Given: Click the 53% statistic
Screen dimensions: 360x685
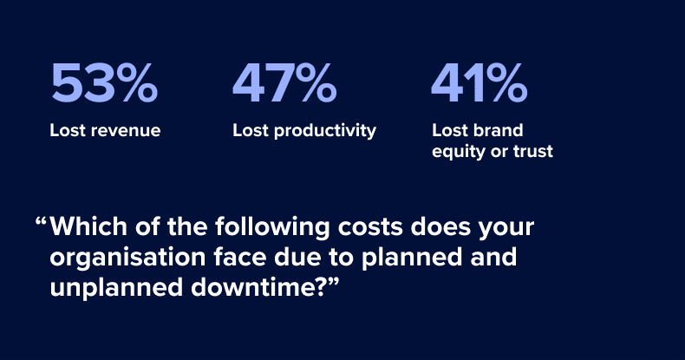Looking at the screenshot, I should click(x=104, y=83).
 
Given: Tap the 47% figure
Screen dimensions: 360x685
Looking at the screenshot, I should click(x=284, y=83).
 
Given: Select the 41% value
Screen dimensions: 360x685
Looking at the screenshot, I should click(x=479, y=83).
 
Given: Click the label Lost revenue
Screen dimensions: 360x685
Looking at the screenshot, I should click(x=105, y=131).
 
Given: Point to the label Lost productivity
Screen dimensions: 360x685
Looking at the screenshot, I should click(x=304, y=131).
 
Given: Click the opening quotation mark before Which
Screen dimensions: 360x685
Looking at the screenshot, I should click(x=40, y=223).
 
